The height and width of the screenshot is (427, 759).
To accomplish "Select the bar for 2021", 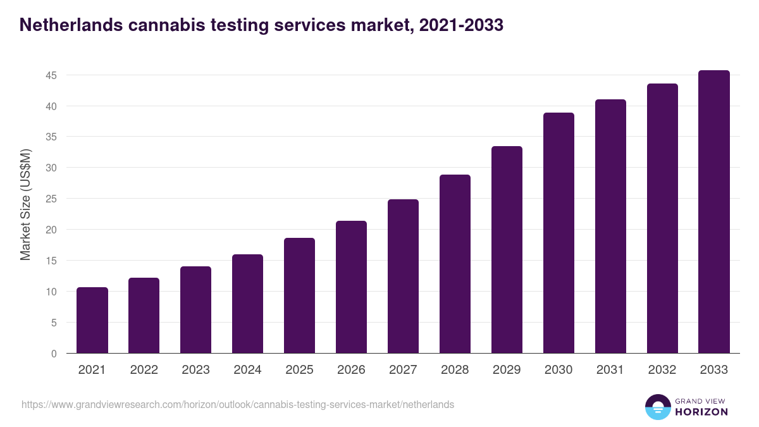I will point(92,320).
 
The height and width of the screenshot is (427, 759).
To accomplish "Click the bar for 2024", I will point(248,304).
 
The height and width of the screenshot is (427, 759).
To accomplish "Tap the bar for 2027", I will point(404,276).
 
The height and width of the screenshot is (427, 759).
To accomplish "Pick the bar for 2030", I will point(559,233).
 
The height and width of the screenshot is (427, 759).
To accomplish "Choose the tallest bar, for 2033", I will point(714,212).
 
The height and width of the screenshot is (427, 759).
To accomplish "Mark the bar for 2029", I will point(507,250).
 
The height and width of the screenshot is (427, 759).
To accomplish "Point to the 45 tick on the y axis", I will point(51,75).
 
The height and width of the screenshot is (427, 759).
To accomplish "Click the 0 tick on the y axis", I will point(54,354).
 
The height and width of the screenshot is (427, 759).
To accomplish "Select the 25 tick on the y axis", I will point(51,199).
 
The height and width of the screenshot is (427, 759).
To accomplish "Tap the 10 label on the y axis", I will point(51,292).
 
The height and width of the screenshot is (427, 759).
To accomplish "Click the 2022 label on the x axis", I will point(144,370).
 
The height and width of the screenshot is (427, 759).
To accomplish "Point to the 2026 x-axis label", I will point(352,370).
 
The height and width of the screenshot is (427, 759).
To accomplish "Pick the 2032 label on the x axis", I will point(662,370).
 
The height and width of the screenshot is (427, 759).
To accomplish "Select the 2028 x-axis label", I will point(455,370).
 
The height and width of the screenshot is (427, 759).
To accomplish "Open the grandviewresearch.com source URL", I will point(238,404).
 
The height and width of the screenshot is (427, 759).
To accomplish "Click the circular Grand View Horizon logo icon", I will point(657,407).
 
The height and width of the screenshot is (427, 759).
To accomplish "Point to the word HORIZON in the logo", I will point(701,412).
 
